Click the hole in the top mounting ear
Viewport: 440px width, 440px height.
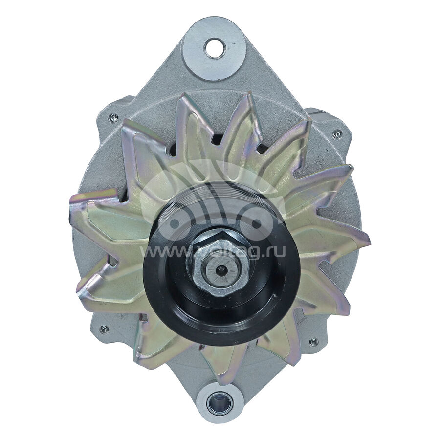pyautogui.click(x=214, y=48)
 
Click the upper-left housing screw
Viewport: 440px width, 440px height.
pyautogui.click(x=113, y=117)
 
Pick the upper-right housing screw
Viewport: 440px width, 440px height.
pyautogui.click(x=337, y=133)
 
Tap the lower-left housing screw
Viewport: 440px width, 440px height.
pyautogui.click(x=104, y=330)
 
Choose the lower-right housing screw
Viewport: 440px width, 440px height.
pyautogui.click(x=313, y=342)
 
